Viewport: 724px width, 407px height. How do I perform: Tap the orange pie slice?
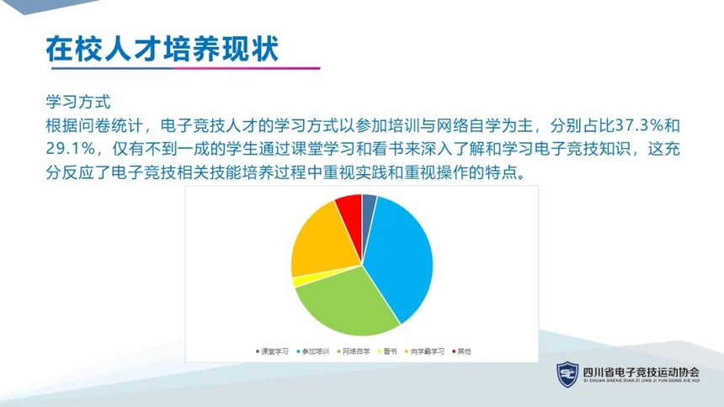pos(323,240)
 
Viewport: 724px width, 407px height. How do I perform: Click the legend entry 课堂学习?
pos(272,351)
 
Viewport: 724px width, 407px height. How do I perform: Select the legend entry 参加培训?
pos(313,351)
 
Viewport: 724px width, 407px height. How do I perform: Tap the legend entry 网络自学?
pos(354,351)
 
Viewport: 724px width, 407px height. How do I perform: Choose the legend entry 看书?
pos(387,351)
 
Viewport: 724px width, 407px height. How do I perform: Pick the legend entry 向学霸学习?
pos(424,351)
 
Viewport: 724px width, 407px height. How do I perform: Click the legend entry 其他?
pos(461,351)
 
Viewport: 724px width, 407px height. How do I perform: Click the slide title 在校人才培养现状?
pos(162,48)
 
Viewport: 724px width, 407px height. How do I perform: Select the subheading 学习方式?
pos(78,102)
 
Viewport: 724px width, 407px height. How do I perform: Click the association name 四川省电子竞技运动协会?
pos(641,372)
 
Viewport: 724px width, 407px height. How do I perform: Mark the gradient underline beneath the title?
pos(185,68)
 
